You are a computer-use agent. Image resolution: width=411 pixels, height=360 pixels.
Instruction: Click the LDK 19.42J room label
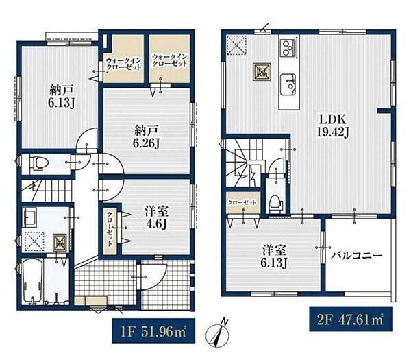tap(333, 126)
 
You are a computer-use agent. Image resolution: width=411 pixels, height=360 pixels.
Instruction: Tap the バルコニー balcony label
tap(356, 255)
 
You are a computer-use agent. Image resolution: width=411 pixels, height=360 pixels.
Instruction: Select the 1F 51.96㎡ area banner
tap(153, 331)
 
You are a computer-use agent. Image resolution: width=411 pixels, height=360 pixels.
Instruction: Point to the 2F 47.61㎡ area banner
tap(351, 319)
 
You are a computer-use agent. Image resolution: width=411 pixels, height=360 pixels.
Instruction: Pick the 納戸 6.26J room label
tap(146, 136)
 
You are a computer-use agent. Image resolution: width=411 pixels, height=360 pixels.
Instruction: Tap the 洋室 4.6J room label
tap(156, 218)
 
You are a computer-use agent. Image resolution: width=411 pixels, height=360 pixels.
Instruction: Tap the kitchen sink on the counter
tap(288, 85)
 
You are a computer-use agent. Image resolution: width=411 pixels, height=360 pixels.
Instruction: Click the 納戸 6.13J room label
tap(61, 97)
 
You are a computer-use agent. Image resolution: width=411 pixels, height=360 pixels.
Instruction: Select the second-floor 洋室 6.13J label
tap(274, 256)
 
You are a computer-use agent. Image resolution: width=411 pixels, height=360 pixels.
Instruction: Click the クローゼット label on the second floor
tap(242, 202)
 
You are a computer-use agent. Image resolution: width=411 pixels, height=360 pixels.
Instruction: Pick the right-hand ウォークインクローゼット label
tap(170, 60)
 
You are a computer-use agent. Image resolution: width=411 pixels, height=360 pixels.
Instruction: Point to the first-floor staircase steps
tap(46, 191)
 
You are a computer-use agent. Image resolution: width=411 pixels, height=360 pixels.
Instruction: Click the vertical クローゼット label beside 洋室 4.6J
tap(110, 229)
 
